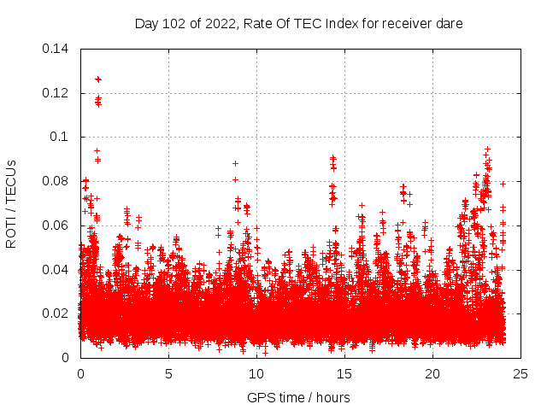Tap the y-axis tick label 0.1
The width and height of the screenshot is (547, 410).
pyautogui.click(x=60, y=137)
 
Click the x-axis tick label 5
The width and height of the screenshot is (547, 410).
pyautogui.click(x=168, y=373)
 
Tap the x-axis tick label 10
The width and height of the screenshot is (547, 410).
pyautogui.click(x=256, y=373)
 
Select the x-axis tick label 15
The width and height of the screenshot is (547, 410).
pyautogui.click(x=344, y=373)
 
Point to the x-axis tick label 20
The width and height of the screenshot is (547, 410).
pyautogui.click(x=432, y=373)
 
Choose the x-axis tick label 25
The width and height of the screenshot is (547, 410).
pyautogui.click(x=521, y=373)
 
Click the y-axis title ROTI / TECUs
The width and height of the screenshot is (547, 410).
pyautogui.click(x=11, y=203)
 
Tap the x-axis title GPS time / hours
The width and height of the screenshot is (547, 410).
pyautogui.click(x=298, y=397)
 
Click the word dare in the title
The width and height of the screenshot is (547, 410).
pyautogui.click(x=450, y=24)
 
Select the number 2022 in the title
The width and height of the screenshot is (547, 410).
pyautogui.click(x=219, y=24)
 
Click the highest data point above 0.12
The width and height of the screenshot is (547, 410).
pyautogui.click(x=98, y=79)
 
